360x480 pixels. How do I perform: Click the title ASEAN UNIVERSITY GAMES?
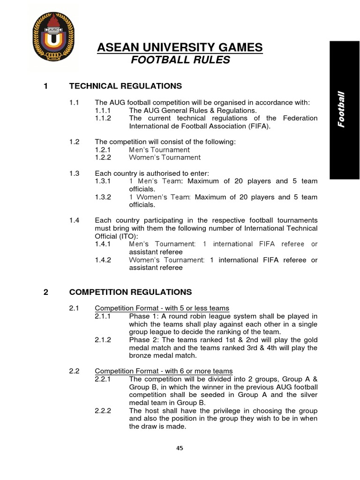[x=180, y=47]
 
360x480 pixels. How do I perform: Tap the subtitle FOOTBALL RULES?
[x=180, y=60]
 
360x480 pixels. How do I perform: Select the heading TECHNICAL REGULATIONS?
[x=125, y=86]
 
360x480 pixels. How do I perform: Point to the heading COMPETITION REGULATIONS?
[x=130, y=292]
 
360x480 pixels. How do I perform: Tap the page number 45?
[x=180, y=448]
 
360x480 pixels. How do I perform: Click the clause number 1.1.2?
[x=103, y=118]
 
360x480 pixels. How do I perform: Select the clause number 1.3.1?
[x=103, y=181]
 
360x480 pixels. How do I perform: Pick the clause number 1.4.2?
[x=103, y=260]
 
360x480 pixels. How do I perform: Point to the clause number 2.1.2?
[x=103, y=340]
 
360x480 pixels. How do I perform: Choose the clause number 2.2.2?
[x=103, y=410]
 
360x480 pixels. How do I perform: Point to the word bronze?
[x=140, y=356]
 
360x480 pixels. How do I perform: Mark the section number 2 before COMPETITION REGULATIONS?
[x=45, y=292]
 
